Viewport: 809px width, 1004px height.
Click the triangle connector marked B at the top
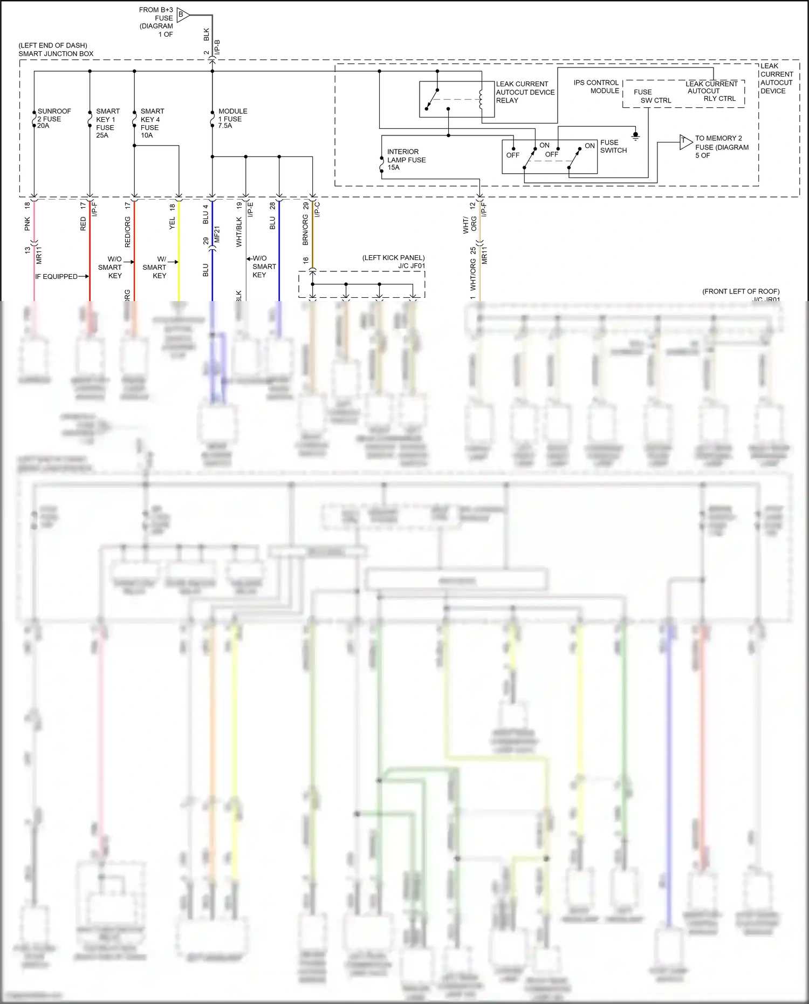pyautogui.click(x=182, y=15)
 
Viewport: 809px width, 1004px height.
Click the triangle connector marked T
pyautogui.click(x=685, y=142)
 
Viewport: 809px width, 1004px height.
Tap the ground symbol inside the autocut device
pyautogui.click(x=635, y=136)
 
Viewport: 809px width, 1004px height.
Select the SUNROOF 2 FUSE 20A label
pyautogui.click(x=53, y=119)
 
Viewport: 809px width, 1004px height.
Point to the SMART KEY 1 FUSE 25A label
pyautogui.click(x=107, y=124)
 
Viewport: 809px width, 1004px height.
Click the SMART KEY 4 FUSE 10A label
pyautogui.click(x=152, y=124)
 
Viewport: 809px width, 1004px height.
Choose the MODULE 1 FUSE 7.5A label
pyautogui.click(x=232, y=119)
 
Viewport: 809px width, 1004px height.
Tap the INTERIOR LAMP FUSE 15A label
pyautogui.click(x=406, y=160)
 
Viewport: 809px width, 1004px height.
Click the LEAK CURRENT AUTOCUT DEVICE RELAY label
pyautogui.click(x=525, y=92)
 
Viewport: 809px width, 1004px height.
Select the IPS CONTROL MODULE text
pyautogui.click(x=596, y=87)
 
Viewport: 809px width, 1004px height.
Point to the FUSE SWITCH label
pyautogui.click(x=613, y=146)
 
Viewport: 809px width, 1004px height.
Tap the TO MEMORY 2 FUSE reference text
pyautogui.click(x=721, y=147)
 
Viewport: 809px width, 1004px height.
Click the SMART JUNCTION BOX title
pyautogui.click(x=56, y=53)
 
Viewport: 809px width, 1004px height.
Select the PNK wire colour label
pyautogui.click(x=28, y=224)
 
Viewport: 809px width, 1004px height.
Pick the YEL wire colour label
pyautogui.click(x=173, y=223)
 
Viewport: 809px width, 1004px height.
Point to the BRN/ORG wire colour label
pyautogui.click(x=305, y=230)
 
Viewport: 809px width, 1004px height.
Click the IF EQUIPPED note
pyautogui.click(x=57, y=276)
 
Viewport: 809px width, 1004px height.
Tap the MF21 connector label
pyautogui.click(x=217, y=233)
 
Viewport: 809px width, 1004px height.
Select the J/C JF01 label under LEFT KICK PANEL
pyautogui.click(x=412, y=266)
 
